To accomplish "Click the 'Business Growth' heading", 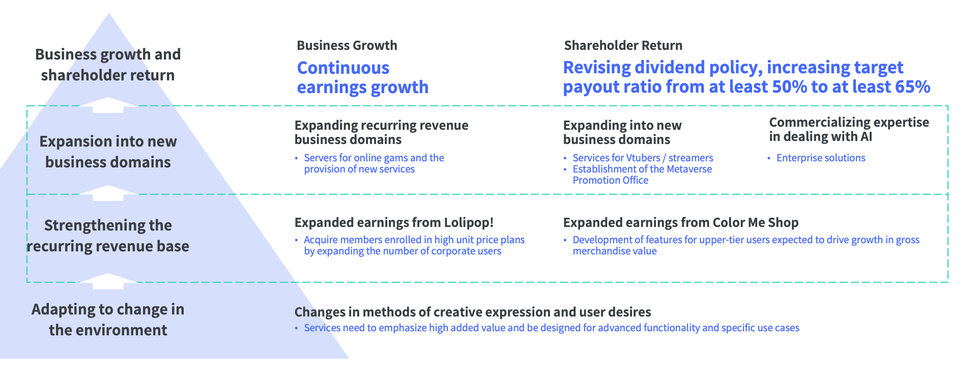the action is point(347,45).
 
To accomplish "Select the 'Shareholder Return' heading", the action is point(623,45).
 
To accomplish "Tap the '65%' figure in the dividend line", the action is point(912,87).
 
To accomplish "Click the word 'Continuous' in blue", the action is point(343,68).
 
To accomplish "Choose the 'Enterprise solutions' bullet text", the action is point(821,158).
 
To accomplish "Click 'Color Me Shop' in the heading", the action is point(756,222).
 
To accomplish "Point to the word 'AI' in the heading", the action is point(866,136).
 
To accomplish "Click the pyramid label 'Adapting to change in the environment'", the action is point(108,320).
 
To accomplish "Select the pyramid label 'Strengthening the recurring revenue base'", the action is point(108,236).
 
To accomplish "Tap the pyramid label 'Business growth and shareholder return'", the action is point(108,65).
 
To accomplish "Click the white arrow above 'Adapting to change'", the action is point(108,281).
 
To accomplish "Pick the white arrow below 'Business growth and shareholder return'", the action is point(108,105).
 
